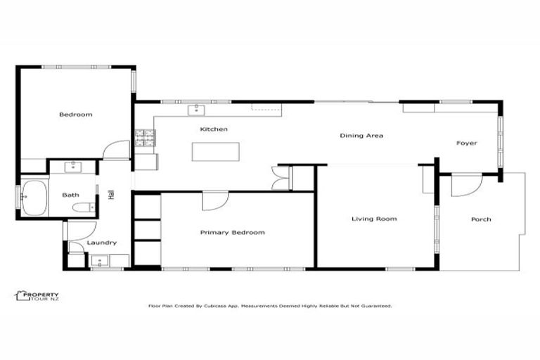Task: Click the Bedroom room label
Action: [75, 115]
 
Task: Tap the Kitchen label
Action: [214, 129]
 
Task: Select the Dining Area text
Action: [361, 136]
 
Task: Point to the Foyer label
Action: [467, 143]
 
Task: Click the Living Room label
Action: [374, 219]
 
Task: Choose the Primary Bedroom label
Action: [232, 233]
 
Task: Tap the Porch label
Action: [481, 219]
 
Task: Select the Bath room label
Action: [70, 195]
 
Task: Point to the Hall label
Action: [111, 194]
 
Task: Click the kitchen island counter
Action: [216, 152]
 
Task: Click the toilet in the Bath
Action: [84, 208]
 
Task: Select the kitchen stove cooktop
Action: [145, 139]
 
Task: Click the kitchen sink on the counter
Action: [195, 109]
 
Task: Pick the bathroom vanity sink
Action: [73, 167]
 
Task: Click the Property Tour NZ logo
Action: [37, 296]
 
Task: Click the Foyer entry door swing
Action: [465, 184]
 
